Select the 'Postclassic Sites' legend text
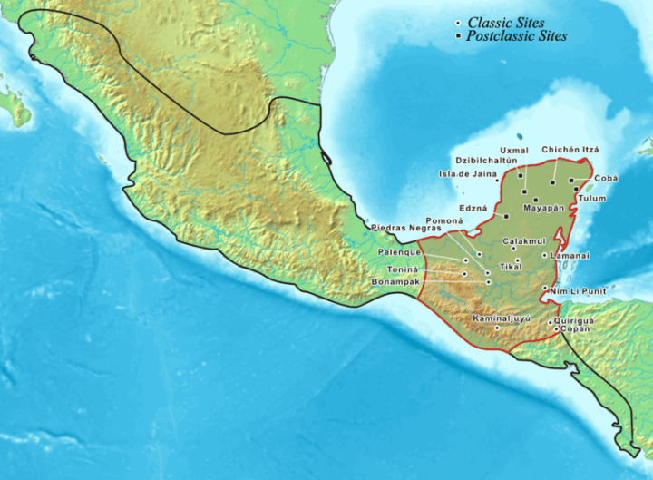tap(516, 36)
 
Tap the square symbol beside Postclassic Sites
tap(458, 36)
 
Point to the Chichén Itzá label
tap(571, 149)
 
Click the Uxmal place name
tap(514, 150)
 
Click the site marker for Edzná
tap(505, 216)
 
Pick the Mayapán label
tap(544, 208)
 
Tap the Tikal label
tap(511, 267)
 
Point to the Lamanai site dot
tap(544, 256)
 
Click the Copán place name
tap(577, 329)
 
